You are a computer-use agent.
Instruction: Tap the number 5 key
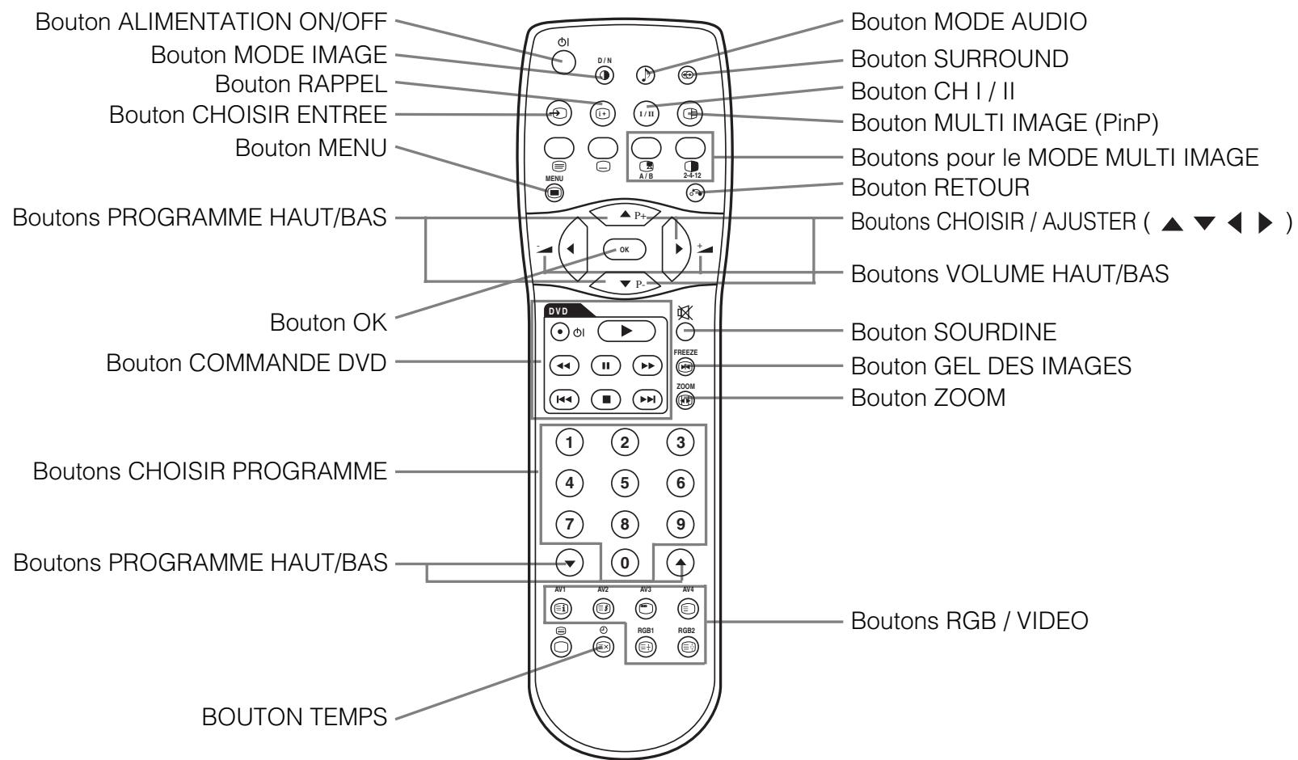[x=624, y=483]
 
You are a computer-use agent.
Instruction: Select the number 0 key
[x=624, y=561]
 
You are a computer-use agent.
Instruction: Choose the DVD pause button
[x=605, y=365]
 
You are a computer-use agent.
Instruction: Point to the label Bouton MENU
[x=310, y=149]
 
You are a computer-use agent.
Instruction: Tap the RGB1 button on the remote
[x=646, y=646]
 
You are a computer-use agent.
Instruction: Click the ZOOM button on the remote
[x=685, y=399]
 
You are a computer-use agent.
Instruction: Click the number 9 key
[x=680, y=524]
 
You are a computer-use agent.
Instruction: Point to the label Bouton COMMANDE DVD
[x=247, y=364]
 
